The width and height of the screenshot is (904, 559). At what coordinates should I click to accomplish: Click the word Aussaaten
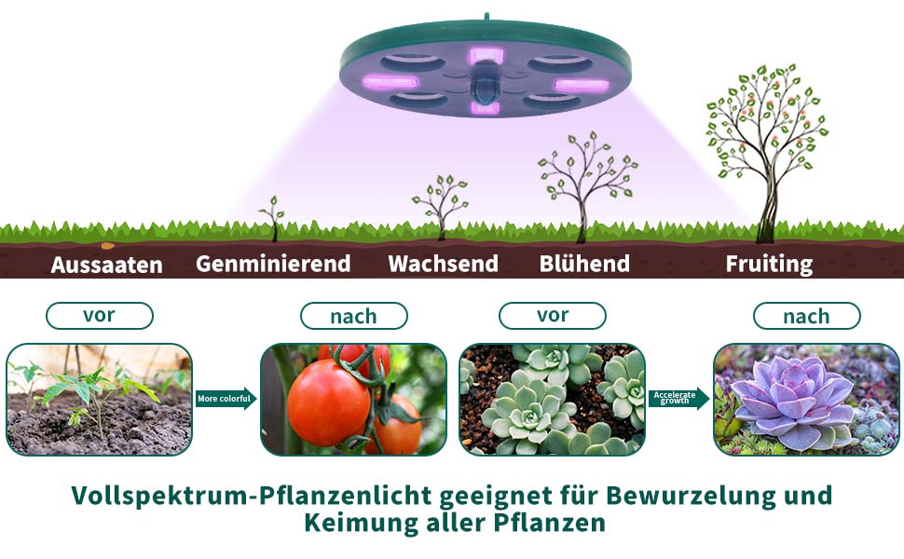[x=106, y=265]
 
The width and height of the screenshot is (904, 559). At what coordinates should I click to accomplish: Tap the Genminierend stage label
[x=273, y=264]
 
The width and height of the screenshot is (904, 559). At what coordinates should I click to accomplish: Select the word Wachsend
[x=443, y=264]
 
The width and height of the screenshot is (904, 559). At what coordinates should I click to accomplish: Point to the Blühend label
[x=584, y=264]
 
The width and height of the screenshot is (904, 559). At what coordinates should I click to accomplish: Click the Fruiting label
[x=769, y=264]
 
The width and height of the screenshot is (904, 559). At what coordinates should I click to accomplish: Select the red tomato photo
[x=353, y=400]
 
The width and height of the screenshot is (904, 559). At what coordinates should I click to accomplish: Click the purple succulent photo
[x=806, y=400]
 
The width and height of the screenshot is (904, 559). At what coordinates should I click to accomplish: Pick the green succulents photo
[x=552, y=400]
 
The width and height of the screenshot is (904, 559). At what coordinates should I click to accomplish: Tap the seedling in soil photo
[x=99, y=400]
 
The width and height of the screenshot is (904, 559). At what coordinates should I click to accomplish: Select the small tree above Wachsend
[x=440, y=205]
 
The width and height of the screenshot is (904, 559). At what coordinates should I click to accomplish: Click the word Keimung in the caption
[x=363, y=523]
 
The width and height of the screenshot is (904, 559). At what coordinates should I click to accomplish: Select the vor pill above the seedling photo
[x=99, y=315]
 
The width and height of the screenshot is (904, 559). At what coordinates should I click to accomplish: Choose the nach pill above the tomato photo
[x=353, y=317]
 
